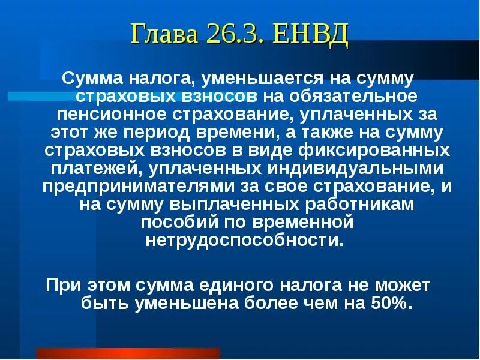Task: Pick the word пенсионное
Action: [124, 114]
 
